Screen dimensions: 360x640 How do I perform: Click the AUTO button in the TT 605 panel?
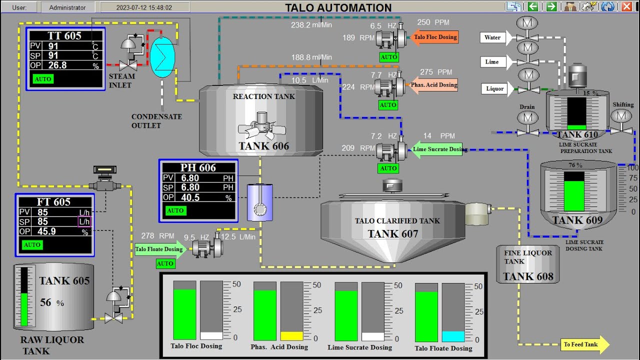click(43, 79)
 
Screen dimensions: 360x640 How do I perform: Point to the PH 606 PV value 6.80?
click(190, 177)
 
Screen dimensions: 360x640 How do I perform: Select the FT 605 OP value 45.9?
click(47, 231)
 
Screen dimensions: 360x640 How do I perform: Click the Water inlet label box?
click(493, 37)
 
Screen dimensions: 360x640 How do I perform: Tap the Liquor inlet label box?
click(494, 88)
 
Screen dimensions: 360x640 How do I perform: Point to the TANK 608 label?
click(528, 276)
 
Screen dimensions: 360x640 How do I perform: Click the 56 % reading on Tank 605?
click(52, 303)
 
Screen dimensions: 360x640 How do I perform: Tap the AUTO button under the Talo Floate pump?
click(165, 263)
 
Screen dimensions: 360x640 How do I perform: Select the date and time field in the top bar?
click(144, 7)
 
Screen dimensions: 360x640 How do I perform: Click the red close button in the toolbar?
click(626, 6)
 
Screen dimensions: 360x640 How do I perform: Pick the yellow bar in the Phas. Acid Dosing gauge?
click(291, 336)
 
